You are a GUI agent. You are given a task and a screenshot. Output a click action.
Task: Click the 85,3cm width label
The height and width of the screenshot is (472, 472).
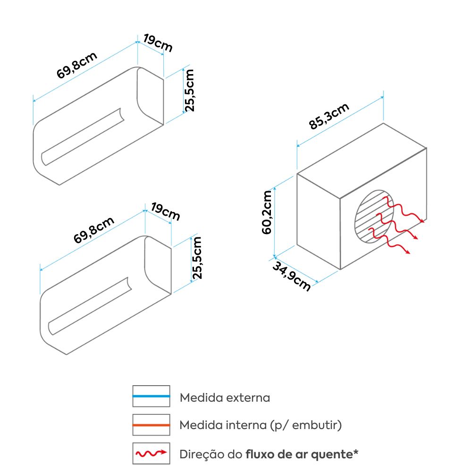[329, 116]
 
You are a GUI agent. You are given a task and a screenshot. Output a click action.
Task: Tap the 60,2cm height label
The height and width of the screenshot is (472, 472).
[267, 212]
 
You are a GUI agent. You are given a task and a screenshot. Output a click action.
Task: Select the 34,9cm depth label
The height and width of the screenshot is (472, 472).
[291, 276]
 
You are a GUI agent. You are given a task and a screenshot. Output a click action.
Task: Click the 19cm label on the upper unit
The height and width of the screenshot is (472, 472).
[158, 43]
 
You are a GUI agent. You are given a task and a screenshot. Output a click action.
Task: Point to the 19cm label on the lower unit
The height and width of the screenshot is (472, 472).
[165, 211]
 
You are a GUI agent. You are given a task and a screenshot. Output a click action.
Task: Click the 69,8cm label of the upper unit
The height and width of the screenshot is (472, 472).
[77, 65]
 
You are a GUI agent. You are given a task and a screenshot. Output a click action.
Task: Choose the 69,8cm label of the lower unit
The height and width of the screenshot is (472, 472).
[93, 230]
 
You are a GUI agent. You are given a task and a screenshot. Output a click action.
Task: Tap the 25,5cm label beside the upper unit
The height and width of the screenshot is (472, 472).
[189, 91]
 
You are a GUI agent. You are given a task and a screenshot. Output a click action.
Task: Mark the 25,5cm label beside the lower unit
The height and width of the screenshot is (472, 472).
[197, 258]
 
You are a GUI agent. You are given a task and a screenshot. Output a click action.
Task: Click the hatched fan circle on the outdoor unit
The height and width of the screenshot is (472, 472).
[374, 216]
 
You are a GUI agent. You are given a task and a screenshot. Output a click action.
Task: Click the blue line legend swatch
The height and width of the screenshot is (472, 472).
[151, 396]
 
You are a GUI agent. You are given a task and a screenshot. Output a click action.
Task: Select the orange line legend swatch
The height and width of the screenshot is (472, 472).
[151, 425]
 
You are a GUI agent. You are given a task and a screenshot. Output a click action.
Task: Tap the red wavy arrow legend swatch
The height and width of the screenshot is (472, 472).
[151, 453]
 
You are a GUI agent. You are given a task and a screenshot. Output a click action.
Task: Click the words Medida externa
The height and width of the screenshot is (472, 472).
[225, 397]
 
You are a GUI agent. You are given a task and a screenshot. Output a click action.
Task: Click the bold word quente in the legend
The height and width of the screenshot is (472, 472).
[332, 454]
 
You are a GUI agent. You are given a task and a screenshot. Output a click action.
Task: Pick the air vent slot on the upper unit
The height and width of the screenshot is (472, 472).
[83, 137]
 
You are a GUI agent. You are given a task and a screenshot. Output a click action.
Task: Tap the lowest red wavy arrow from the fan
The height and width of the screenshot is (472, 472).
[389, 241]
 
